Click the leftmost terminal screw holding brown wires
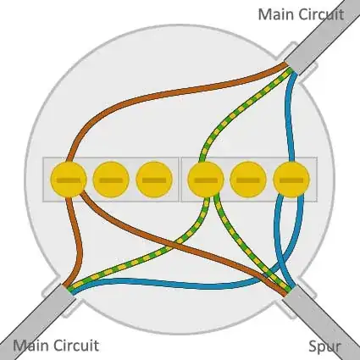tap(69, 180)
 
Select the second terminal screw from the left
tap(111, 180)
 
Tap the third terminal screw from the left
tap(153, 180)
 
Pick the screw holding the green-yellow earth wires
tap(205, 180)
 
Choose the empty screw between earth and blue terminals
tap(247, 180)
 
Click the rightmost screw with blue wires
tap(291, 180)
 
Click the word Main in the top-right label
tap(276, 14)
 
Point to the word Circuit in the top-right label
tap(322, 14)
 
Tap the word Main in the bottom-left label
tap(31, 345)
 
